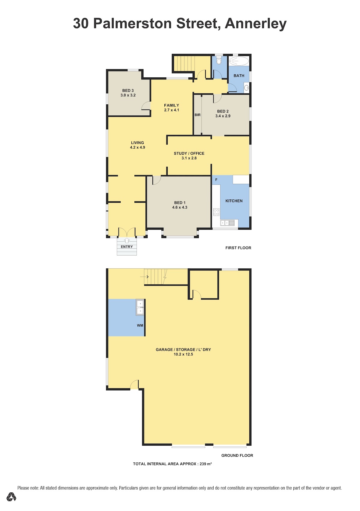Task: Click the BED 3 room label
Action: [128, 91]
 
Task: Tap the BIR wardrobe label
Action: [197, 115]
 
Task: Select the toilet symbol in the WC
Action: [219, 61]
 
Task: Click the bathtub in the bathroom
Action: [239, 61]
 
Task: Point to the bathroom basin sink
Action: [246, 88]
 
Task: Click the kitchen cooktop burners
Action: [216, 212]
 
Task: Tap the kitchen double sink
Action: [227, 223]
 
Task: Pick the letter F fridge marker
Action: [216, 180]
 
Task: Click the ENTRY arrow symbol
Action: [127, 240]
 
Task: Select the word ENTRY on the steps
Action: [127, 247]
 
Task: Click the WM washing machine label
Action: [140, 326]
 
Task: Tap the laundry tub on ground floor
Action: [140, 307]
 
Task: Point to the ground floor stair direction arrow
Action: [144, 277]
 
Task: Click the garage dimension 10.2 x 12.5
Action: [183, 354]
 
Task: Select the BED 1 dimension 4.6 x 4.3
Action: [180, 207]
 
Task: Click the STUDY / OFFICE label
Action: [189, 153]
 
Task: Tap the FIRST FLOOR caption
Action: [238, 248]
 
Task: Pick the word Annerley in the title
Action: [255, 24]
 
